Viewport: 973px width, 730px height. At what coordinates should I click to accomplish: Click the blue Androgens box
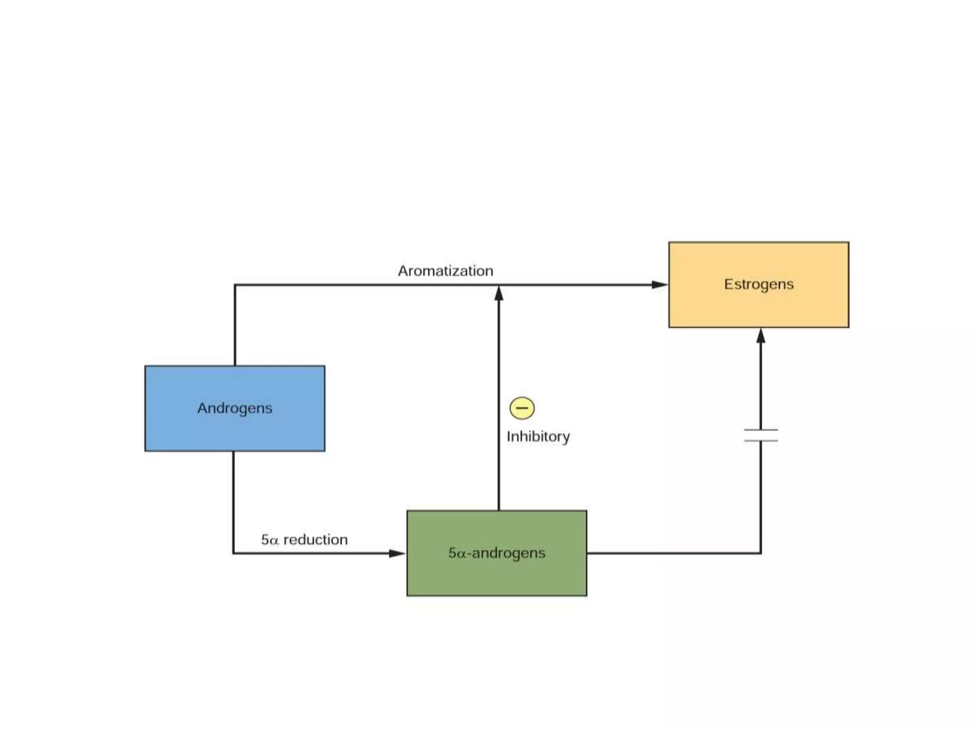235,408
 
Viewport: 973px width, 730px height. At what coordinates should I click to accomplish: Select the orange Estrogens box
759,285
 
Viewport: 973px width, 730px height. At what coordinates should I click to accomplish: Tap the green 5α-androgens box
497,553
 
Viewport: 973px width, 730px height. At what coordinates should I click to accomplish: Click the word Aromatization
446,271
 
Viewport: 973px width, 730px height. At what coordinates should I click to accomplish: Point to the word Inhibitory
538,436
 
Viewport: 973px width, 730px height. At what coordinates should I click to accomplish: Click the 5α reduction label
305,539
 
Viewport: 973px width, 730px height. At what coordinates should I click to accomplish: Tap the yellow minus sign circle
522,408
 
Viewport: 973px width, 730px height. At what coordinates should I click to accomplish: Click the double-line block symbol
761,435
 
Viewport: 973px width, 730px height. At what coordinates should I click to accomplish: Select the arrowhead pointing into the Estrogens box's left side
660,285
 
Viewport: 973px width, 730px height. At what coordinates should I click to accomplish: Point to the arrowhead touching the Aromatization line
499,293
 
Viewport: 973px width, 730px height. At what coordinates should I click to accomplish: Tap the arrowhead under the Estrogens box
761,336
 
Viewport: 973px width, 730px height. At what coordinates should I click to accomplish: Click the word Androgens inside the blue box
235,408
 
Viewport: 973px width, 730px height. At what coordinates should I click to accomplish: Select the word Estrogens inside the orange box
759,284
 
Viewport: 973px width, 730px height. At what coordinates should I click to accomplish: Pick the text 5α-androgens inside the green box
497,553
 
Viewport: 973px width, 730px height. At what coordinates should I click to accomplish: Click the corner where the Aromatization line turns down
235,285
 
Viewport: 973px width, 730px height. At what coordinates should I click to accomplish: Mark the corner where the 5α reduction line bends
233,553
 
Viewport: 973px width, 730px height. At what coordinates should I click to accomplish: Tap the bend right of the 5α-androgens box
761,553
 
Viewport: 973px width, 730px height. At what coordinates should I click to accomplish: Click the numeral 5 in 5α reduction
265,539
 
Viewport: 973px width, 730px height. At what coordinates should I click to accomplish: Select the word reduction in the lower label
315,539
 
